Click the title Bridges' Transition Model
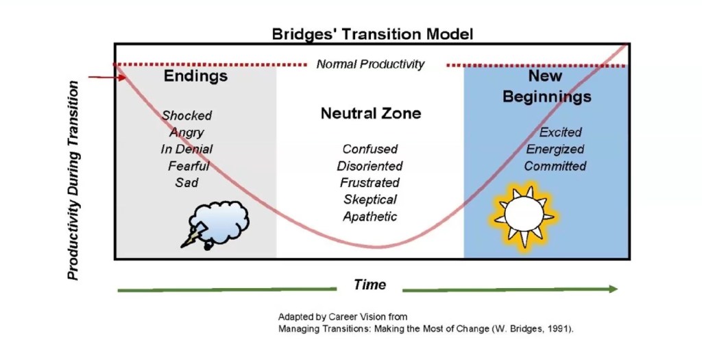point(372,34)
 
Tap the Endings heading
point(195,76)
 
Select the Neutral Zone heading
point(371,114)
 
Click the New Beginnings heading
point(546,86)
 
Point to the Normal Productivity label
point(370,64)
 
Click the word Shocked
point(186,115)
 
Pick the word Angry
point(186,132)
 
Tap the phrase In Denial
point(186,149)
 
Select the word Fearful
point(188,165)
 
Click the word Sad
point(186,182)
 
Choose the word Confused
point(370,149)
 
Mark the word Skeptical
point(370,200)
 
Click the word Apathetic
point(370,217)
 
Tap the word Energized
point(555,149)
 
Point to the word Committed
point(555,166)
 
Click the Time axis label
point(370,285)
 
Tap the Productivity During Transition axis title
point(73,180)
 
